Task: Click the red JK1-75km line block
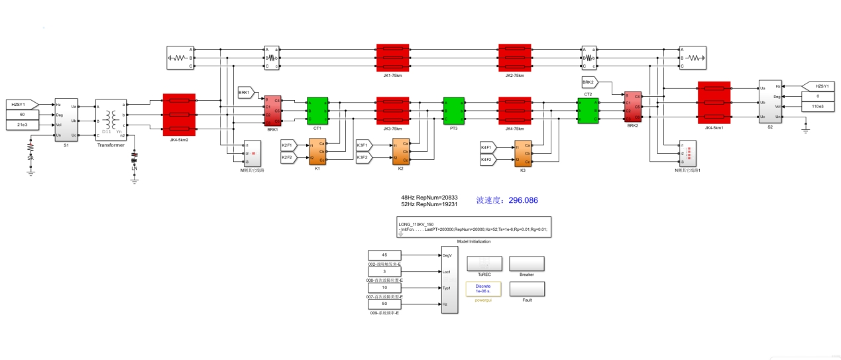point(393,58)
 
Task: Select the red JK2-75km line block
point(515,58)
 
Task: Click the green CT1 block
point(317,110)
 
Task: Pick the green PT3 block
point(454,110)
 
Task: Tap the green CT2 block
point(588,110)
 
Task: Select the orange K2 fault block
point(400,152)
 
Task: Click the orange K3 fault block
point(523,153)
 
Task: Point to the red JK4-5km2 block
point(179,114)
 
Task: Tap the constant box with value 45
point(384,255)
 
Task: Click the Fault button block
point(527,289)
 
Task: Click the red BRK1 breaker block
point(273,110)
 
